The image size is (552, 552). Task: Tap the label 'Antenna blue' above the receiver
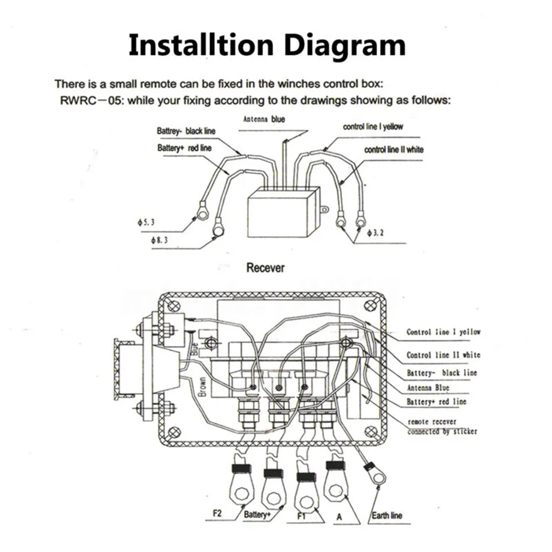[x=264, y=119]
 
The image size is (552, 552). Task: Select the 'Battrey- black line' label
[x=186, y=131]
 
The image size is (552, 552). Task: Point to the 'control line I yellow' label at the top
[x=373, y=127]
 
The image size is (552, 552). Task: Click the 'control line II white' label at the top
[x=394, y=150]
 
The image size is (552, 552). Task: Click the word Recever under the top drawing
[x=266, y=268]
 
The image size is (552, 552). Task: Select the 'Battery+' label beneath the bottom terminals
[x=257, y=516]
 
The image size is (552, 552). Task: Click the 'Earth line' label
[x=386, y=516]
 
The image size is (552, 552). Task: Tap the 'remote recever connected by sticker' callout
[x=442, y=427]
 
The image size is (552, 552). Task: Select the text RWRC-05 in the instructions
[x=83, y=102]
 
